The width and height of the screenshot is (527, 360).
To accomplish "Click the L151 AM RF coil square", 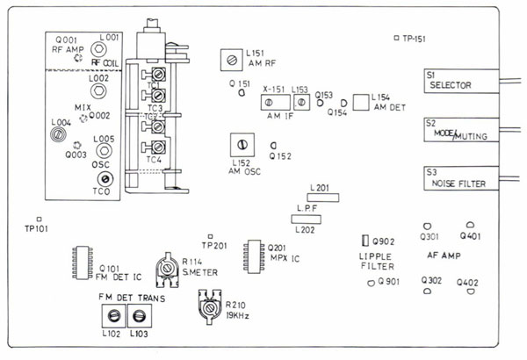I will click(231, 61).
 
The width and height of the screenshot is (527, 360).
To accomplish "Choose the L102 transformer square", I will click(112, 315).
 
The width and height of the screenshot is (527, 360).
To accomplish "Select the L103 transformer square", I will click(137, 315).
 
